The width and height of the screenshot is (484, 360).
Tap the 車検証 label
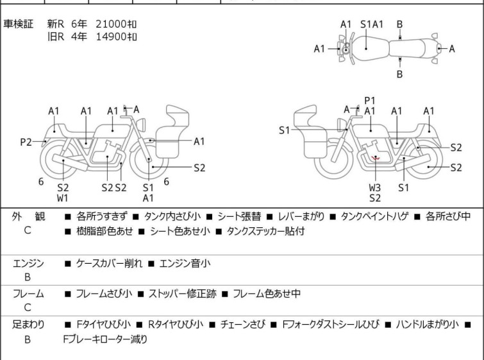[x=19, y=24]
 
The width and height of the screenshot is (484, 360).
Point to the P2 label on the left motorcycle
[x=26, y=142]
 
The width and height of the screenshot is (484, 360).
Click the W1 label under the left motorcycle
[x=63, y=198]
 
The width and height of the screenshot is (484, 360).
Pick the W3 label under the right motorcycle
[x=375, y=188]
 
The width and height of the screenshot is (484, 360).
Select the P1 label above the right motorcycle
[x=369, y=101]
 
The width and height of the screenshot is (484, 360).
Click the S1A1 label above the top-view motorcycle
[x=372, y=24]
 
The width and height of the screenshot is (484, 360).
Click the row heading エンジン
[x=28, y=263]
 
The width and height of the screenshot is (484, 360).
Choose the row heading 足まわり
[x=28, y=325]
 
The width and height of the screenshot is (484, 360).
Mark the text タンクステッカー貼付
[x=263, y=232]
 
